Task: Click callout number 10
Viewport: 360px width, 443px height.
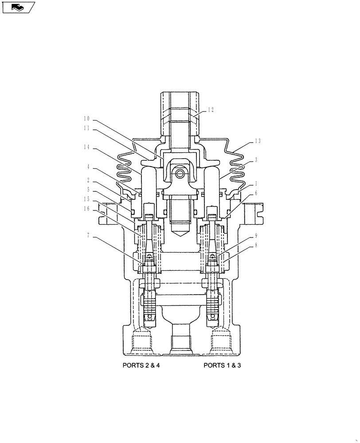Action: click(x=86, y=119)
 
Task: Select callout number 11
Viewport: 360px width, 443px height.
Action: click(x=86, y=128)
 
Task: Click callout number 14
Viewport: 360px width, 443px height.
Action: click(x=86, y=146)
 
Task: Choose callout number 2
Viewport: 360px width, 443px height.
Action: click(x=89, y=180)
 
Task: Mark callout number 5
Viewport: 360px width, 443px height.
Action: click(x=89, y=189)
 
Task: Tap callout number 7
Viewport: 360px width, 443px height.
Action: click(x=89, y=236)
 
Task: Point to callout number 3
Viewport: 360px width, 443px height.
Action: click(x=256, y=160)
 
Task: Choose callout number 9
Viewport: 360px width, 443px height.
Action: click(x=256, y=236)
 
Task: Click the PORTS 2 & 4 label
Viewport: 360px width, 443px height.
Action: click(x=141, y=366)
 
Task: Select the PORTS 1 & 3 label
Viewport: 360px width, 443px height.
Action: click(x=222, y=366)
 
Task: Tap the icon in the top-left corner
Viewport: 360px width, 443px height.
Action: click(x=18, y=8)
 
